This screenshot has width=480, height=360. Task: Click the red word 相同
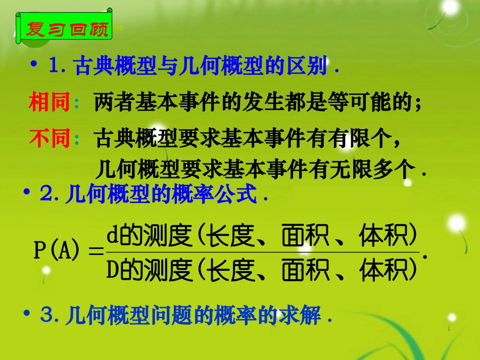49,103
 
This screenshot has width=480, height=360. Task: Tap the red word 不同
49,138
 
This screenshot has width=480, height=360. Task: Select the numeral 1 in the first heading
55,67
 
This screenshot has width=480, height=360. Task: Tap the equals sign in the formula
95,251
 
